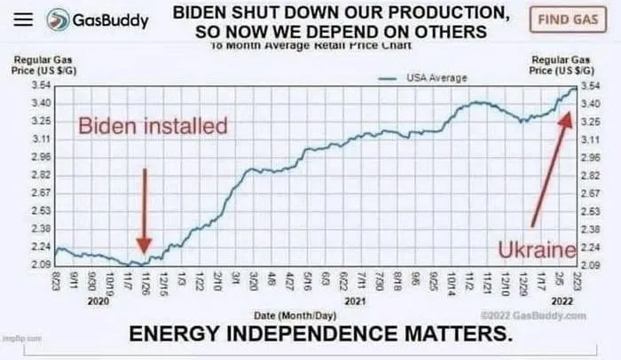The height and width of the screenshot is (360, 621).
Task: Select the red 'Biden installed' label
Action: pos(153,126)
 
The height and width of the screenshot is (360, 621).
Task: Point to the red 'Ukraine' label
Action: pos(532,252)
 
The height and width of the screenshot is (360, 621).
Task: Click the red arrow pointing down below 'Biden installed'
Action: pos(145,208)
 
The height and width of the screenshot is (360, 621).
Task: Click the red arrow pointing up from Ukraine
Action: pos(548,168)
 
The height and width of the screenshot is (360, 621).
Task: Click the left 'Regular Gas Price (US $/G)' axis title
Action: pos(35,65)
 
